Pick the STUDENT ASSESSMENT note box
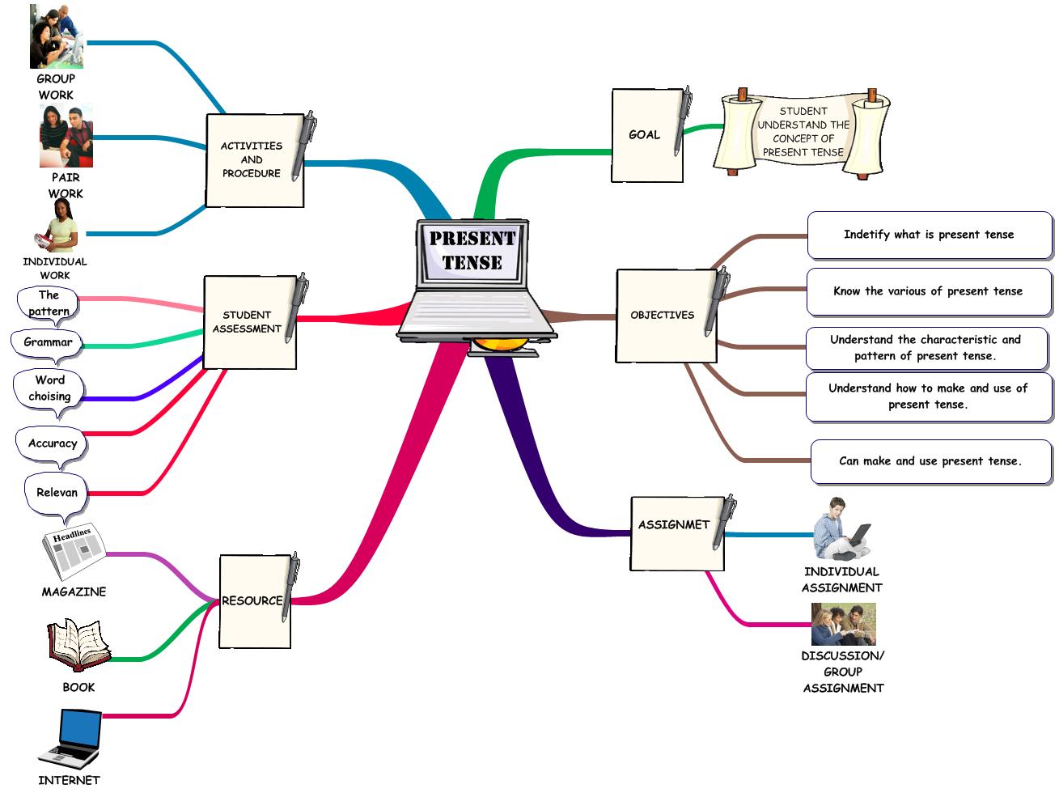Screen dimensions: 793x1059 [x=248, y=322]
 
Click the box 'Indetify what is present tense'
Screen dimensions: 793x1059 [x=929, y=235]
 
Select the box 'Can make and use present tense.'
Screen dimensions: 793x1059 [x=930, y=461]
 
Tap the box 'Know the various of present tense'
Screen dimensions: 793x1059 [x=928, y=291]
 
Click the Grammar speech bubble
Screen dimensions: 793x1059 [x=48, y=342]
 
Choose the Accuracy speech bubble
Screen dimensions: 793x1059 [x=52, y=443]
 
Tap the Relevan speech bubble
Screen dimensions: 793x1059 [x=57, y=493]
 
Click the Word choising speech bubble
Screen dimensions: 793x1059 [x=49, y=388]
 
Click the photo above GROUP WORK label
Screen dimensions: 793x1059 [x=56, y=36]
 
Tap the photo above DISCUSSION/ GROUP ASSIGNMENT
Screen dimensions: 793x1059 [x=843, y=624]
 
